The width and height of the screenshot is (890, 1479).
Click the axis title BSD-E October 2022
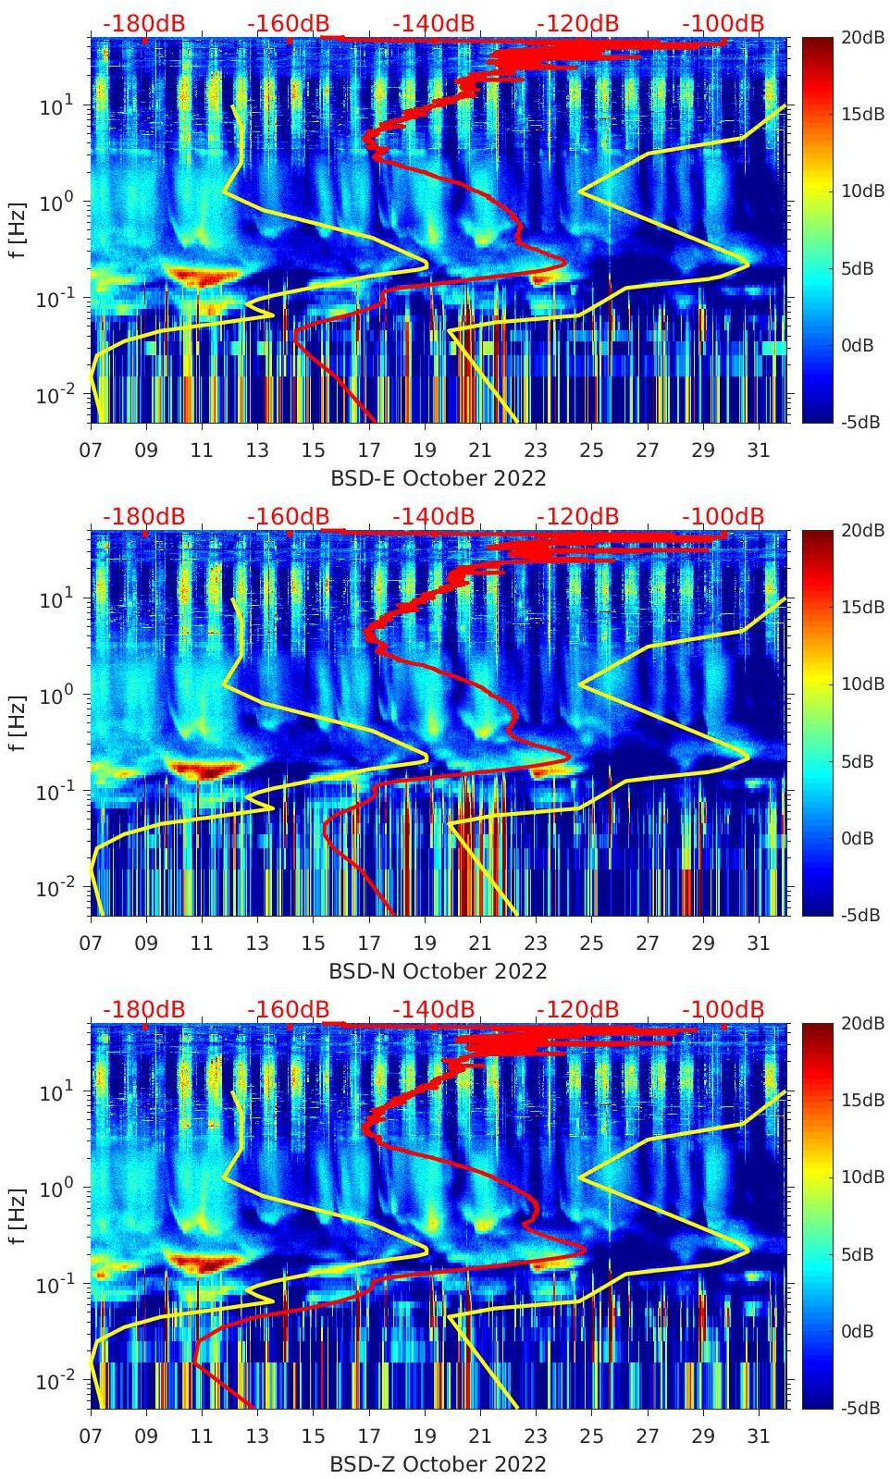point(438,478)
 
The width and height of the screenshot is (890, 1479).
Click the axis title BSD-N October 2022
point(438,971)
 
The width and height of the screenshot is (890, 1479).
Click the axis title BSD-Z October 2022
point(438,1464)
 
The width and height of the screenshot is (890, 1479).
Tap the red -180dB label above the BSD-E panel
point(143,23)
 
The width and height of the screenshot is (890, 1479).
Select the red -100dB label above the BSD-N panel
point(723,516)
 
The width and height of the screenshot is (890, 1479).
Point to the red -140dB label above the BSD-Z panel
point(433,1009)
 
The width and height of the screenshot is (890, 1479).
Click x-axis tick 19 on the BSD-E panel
point(425,450)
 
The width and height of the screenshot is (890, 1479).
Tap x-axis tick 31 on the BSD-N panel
point(759,943)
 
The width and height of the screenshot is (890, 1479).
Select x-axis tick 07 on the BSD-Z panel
point(91,1436)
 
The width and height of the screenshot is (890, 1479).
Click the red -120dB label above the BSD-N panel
point(577,516)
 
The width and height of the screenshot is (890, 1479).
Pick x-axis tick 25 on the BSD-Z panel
point(591,1436)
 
